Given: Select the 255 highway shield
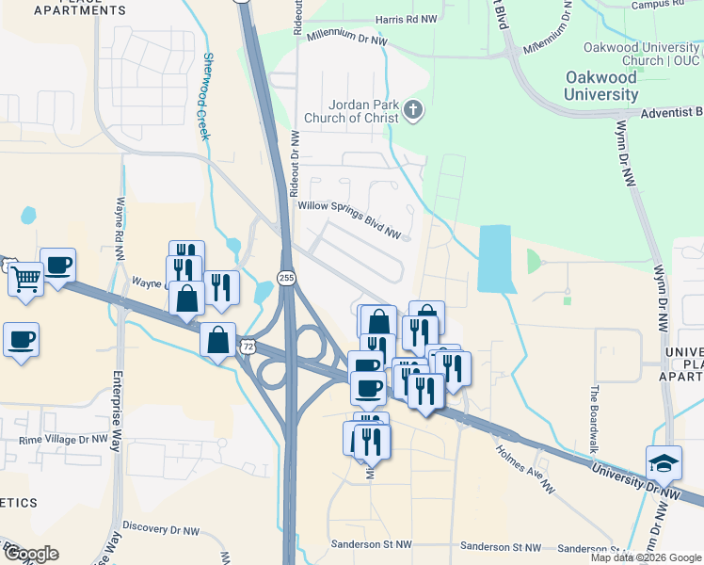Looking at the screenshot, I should point(286,277).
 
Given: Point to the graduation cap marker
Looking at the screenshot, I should point(664,462).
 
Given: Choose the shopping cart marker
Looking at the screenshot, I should point(26,279).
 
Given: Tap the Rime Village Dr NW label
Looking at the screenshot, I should point(56,440).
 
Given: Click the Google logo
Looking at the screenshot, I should point(30,554).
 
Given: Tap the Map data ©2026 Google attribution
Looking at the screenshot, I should point(645,557).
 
